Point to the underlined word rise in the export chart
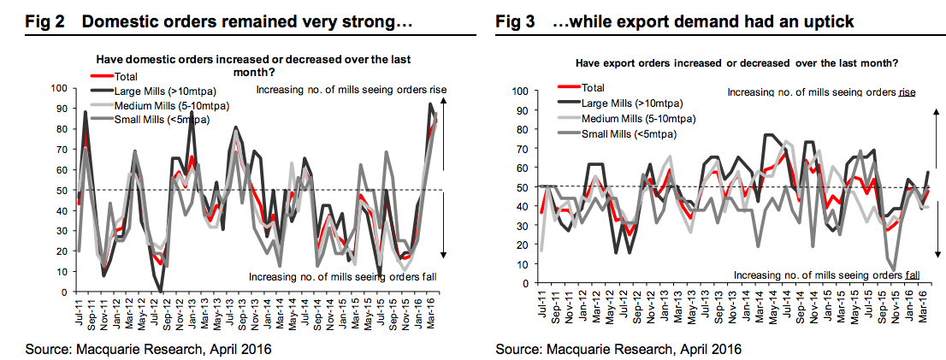tap(909, 91)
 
